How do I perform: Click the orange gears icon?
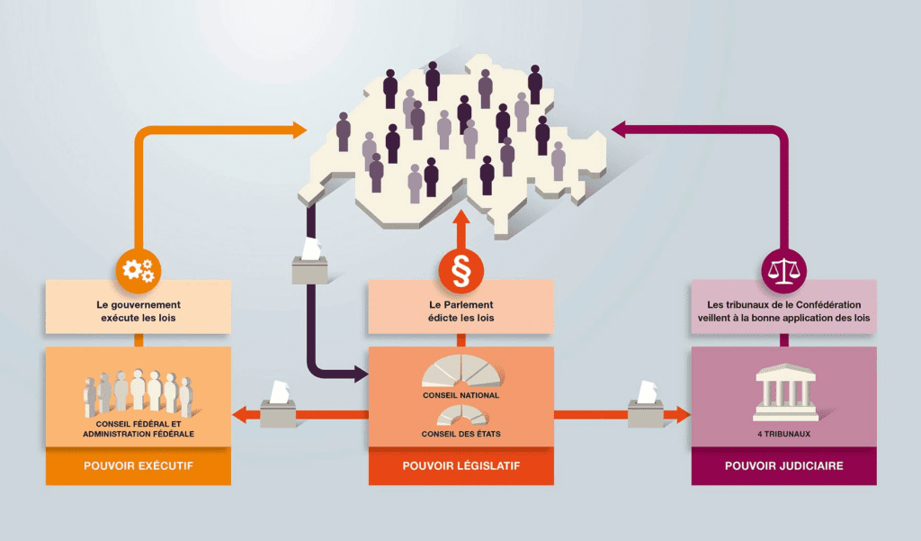coord(139,270)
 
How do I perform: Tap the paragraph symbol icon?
coord(461,270)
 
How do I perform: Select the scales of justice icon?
coord(784,270)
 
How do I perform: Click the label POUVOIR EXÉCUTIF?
coord(139,465)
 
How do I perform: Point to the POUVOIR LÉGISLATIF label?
coord(461,465)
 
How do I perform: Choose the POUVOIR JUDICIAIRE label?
coord(784,465)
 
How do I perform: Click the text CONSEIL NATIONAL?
coord(461,395)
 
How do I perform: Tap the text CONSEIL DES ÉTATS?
coord(461,434)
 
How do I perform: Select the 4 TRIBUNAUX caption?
coord(784,434)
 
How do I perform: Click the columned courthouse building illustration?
coord(785,392)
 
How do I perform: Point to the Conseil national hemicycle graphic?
coord(463,371)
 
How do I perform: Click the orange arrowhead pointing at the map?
coord(300,130)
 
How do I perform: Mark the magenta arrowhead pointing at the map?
coord(619,130)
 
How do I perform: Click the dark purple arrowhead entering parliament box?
coord(361,374)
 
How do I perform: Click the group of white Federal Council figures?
coord(139,392)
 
